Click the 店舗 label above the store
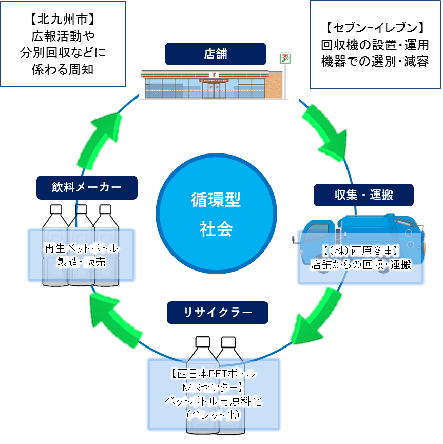point(215,53)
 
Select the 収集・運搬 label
point(363,195)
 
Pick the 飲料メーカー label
point(87,187)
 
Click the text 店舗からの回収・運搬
point(361,265)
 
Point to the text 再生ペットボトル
point(82,249)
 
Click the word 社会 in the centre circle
point(216,229)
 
